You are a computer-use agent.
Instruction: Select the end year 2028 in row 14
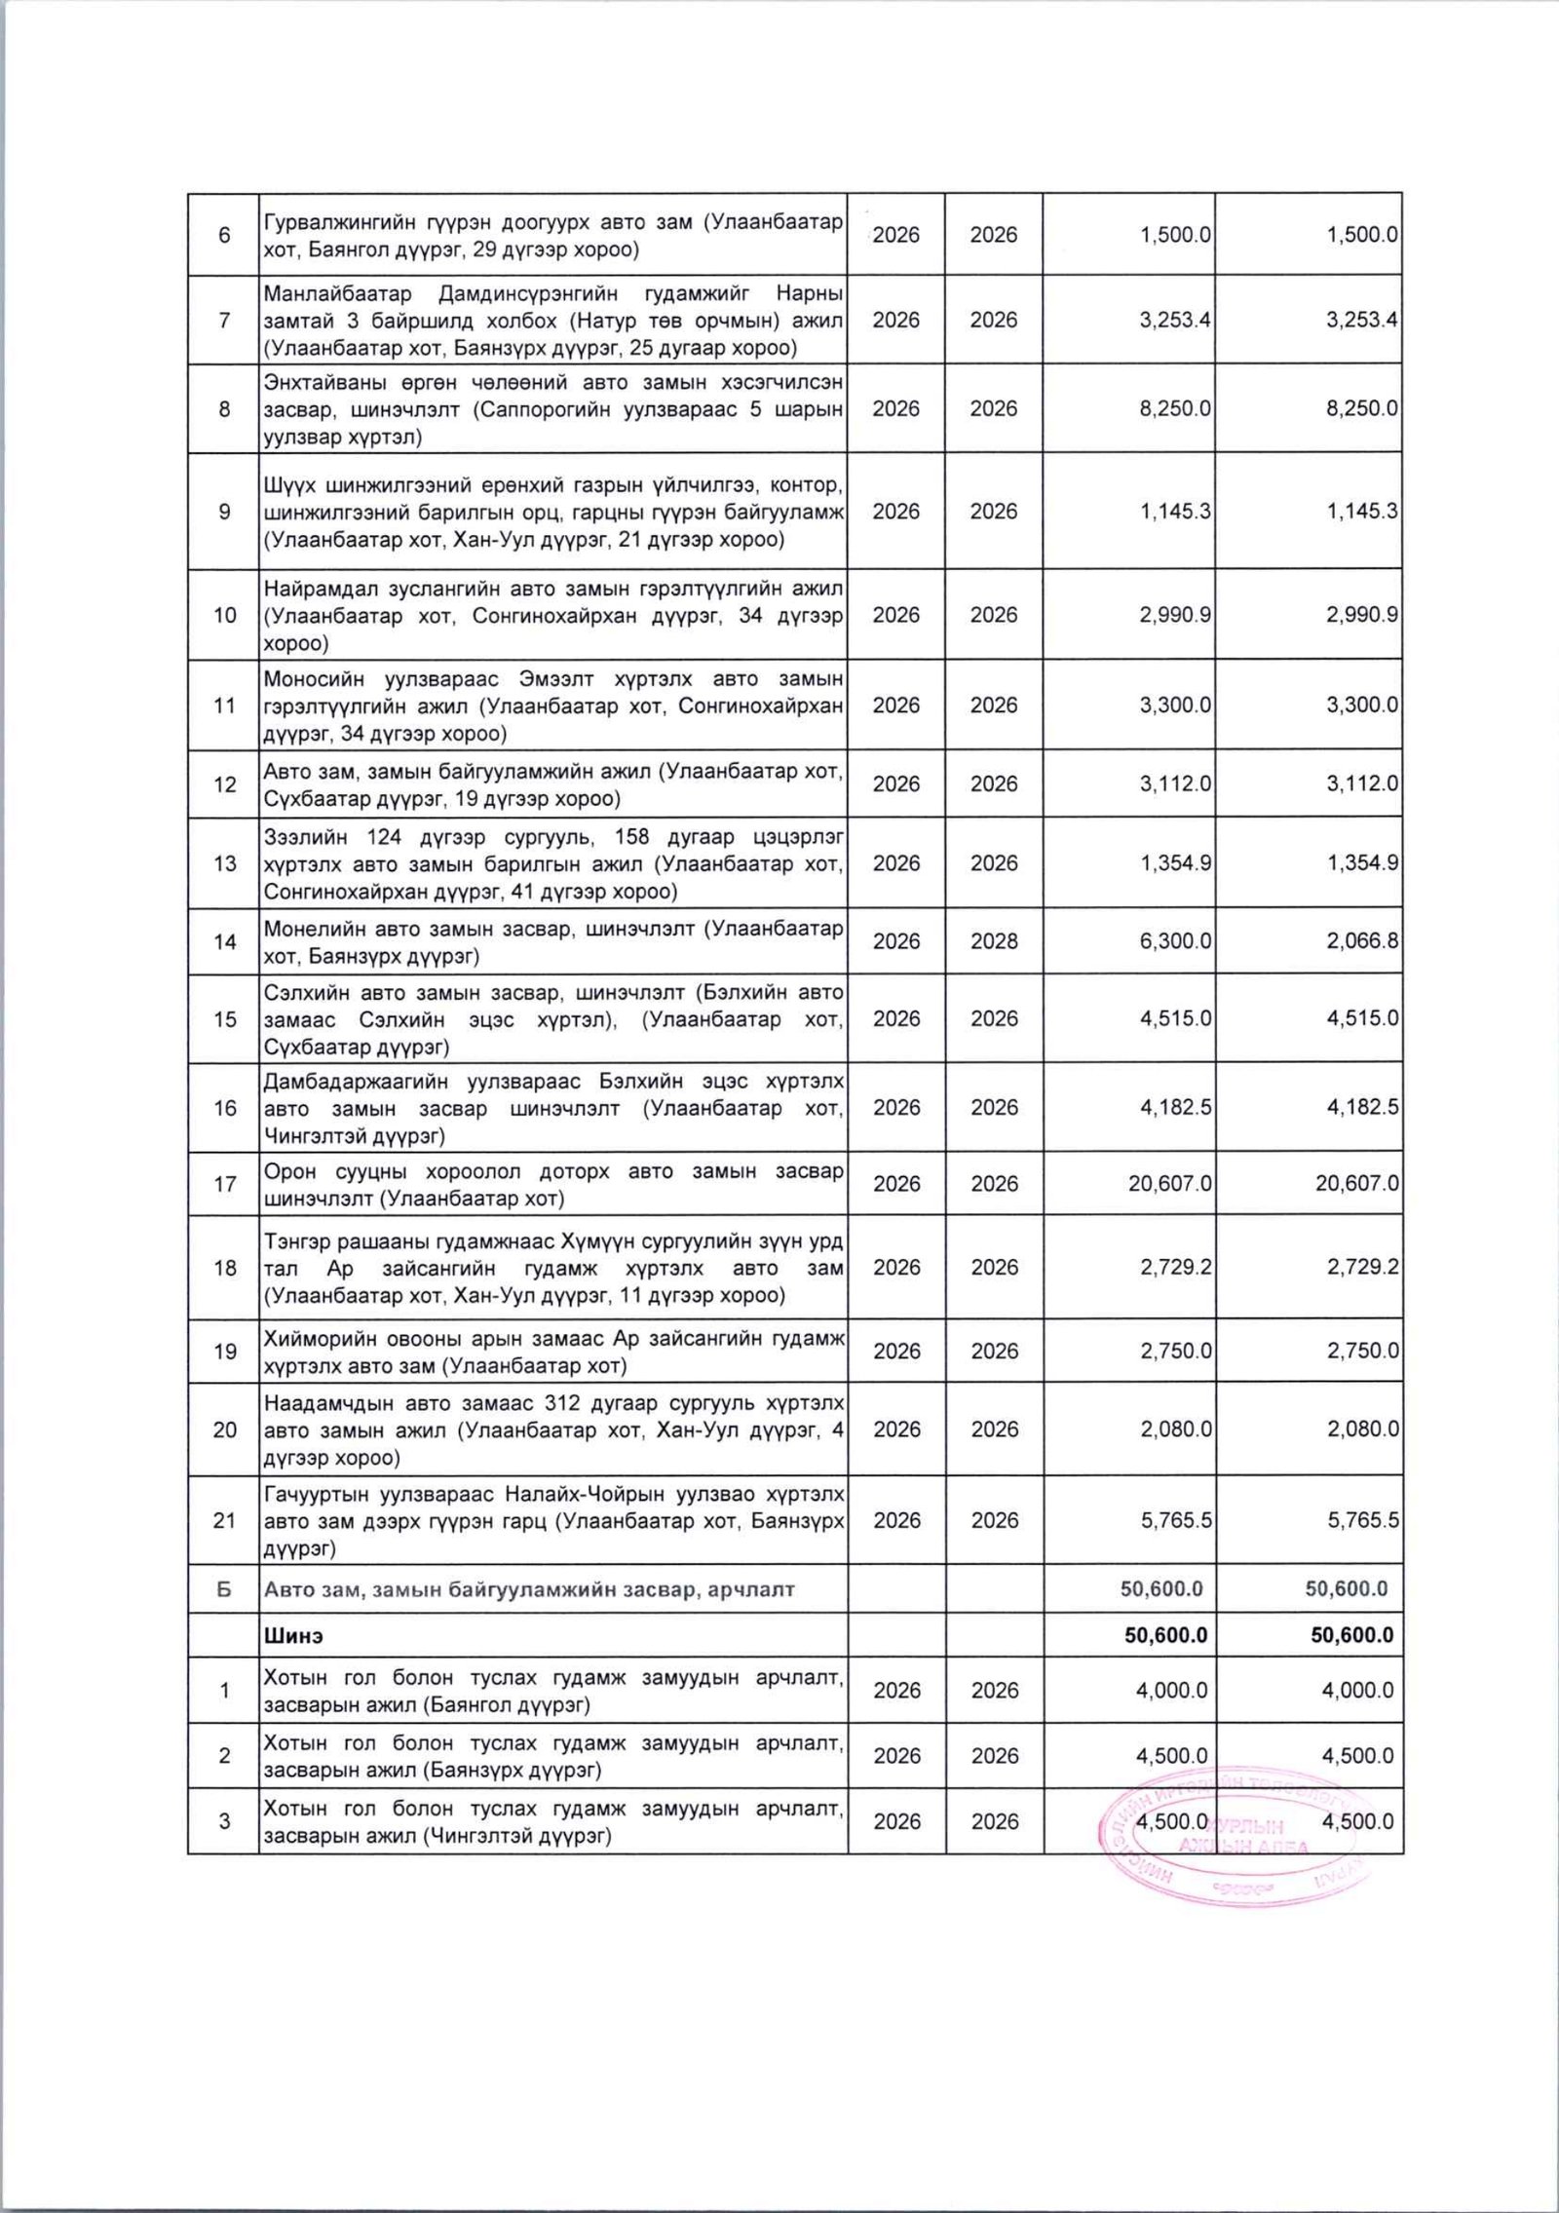click(x=994, y=941)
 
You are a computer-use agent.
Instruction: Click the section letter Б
click(x=224, y=1589)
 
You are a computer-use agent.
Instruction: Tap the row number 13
click(x=224, y=863)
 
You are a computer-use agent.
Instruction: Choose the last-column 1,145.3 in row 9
click(x=1363, y=512)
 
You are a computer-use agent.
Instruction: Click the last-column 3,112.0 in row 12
click(x=1363, y=783)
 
